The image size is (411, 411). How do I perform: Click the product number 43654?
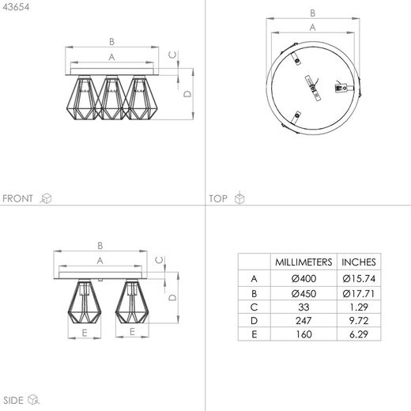tap(16, 7)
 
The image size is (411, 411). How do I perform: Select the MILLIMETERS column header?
tap(304, 262)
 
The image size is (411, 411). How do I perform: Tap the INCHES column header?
tap(359, 262)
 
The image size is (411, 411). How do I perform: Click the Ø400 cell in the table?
tap(304, 278)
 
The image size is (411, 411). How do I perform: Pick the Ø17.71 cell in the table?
tap(358, 293)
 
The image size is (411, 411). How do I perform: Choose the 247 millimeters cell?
tap(304, 321)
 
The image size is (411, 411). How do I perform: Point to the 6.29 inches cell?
tap(359, 334)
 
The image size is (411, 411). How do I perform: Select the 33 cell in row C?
tap(304, 307)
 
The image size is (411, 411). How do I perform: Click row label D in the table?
tap(254, 321)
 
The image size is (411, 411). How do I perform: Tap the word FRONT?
tap(17, 198)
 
